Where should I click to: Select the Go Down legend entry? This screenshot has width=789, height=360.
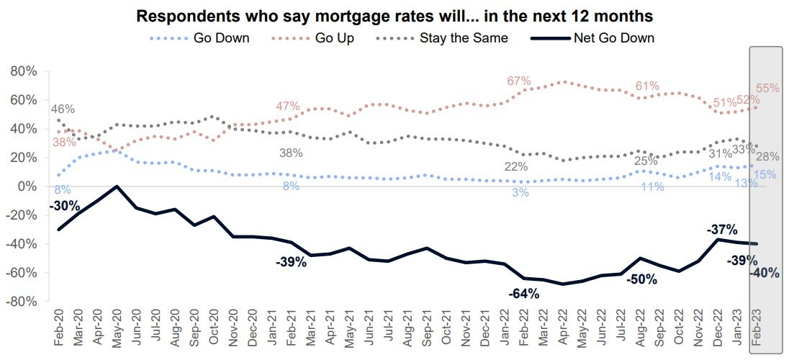pyautogui.click(x=221, y=38)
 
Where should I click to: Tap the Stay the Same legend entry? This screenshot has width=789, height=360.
pyautogui.click(x=464, y=38)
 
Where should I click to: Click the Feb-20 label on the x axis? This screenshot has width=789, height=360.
pyautogui.click(x=59, y=329)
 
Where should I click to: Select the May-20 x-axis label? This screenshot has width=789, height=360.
pyautogui.click(x=117, y=329)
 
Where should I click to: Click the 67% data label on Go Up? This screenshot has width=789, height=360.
pyautogui.click(x=518, y=81)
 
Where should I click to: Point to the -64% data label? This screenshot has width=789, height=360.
pyautogui.click(x=523, y=293)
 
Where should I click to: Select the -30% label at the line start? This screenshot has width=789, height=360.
pyautogui.click(x=64, y=207)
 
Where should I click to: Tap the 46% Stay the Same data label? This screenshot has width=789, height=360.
pyautogui.click(x=63, y=109)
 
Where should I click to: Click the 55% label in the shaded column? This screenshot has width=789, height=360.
pyautogui.click(x=768, y=89)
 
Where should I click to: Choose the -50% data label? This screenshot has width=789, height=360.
pyautogui.click(x=641, y=279)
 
